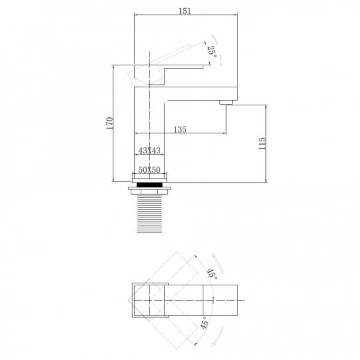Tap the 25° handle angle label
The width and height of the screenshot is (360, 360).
(x=211, y=53)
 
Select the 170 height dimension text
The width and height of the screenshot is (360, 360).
(x=109, y=123)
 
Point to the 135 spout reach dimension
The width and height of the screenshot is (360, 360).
(x=180, y=129)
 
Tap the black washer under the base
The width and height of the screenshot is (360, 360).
(x=149, y=185)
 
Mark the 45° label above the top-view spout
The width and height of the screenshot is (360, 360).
(x=211, y=273)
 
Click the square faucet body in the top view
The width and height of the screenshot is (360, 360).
(x=147, y=300)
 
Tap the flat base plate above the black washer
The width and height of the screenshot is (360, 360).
(x=149, y=178)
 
